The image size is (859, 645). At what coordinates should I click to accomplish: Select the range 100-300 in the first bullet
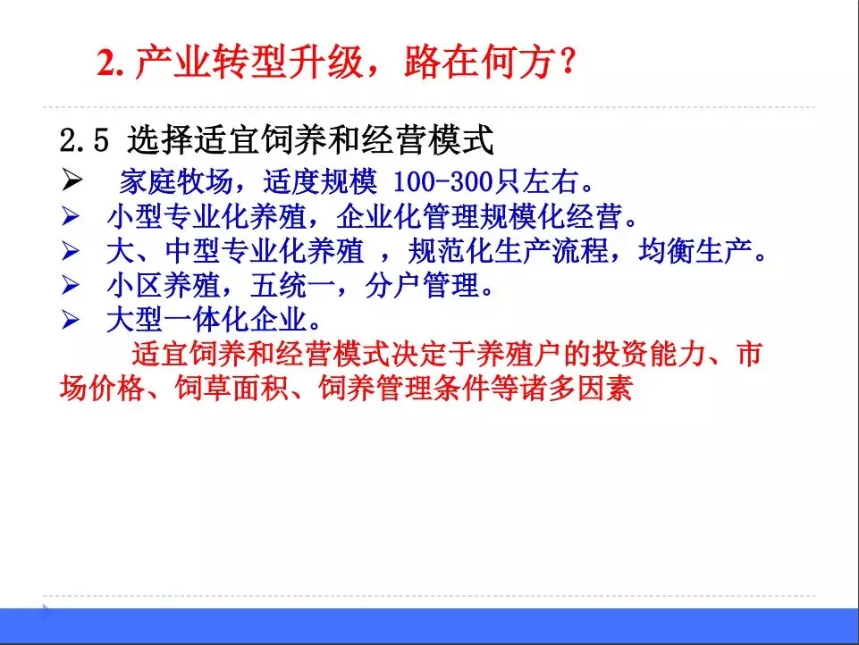click(x=442, y=184)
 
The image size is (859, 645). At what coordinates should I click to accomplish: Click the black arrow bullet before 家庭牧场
click(x=72, y=183)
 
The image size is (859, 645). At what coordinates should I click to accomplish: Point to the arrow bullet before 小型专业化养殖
click(x=72, y=217)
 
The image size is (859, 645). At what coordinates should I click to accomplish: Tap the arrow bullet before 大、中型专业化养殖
click(x=72, y=252)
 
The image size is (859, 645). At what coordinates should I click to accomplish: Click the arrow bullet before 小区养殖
click(x=72, y=286)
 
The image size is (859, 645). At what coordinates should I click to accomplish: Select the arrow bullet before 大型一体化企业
click(x=72, y=320)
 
